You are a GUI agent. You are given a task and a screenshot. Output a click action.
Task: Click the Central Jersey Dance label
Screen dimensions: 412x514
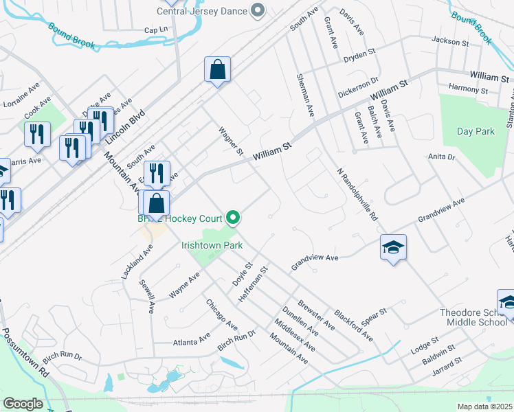pos(201,10)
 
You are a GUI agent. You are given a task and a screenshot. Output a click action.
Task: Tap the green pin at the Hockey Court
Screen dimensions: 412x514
pos(234,218)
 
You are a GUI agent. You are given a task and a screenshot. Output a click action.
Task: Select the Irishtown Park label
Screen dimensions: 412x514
pos(212,244)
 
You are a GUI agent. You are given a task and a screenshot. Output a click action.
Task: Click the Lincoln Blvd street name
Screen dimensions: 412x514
pos(126,128)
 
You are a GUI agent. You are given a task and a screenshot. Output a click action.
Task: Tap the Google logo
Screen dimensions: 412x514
pos(23,404)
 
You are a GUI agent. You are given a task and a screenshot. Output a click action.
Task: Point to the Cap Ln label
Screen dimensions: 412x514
pos(156,30)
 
